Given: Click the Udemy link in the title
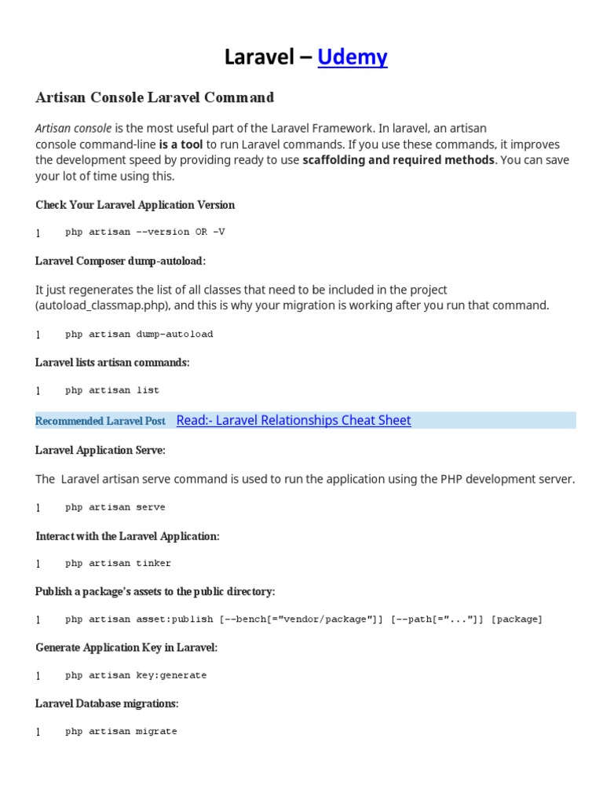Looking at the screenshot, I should point(353,57).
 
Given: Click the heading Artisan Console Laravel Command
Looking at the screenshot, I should point(155,97).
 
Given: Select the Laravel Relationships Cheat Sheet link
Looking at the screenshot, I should point(294,420).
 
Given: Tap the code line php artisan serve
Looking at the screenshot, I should point(115,507).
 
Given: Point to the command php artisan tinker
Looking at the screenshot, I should point(118,563).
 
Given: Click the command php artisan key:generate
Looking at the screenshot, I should point(136,675).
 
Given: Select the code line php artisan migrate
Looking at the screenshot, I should point(121,731).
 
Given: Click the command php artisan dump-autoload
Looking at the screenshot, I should point(139,334).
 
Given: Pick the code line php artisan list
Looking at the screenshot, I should point(112,390).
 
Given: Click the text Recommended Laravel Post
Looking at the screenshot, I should point(100,422).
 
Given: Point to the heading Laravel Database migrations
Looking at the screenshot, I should point(107,703).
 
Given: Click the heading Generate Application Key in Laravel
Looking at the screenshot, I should point(126,648).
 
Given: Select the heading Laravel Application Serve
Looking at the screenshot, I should point(100,451).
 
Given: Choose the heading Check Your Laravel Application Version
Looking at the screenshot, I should point(135,205).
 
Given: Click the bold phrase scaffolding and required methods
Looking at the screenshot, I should point(398,160).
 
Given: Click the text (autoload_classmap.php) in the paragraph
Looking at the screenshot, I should point(97,305).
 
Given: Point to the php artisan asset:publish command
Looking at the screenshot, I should point(303,619).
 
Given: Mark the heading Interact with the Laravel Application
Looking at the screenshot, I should point(127,536).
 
